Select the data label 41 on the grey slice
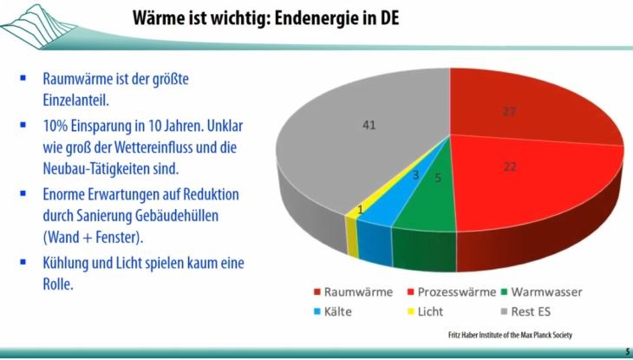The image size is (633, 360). click(x=369, y=126)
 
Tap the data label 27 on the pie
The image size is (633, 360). click(x=510, y=111)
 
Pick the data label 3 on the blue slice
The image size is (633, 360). click(x=416, y=175)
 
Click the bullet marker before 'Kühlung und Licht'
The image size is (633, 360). click(x=23, y=261)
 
